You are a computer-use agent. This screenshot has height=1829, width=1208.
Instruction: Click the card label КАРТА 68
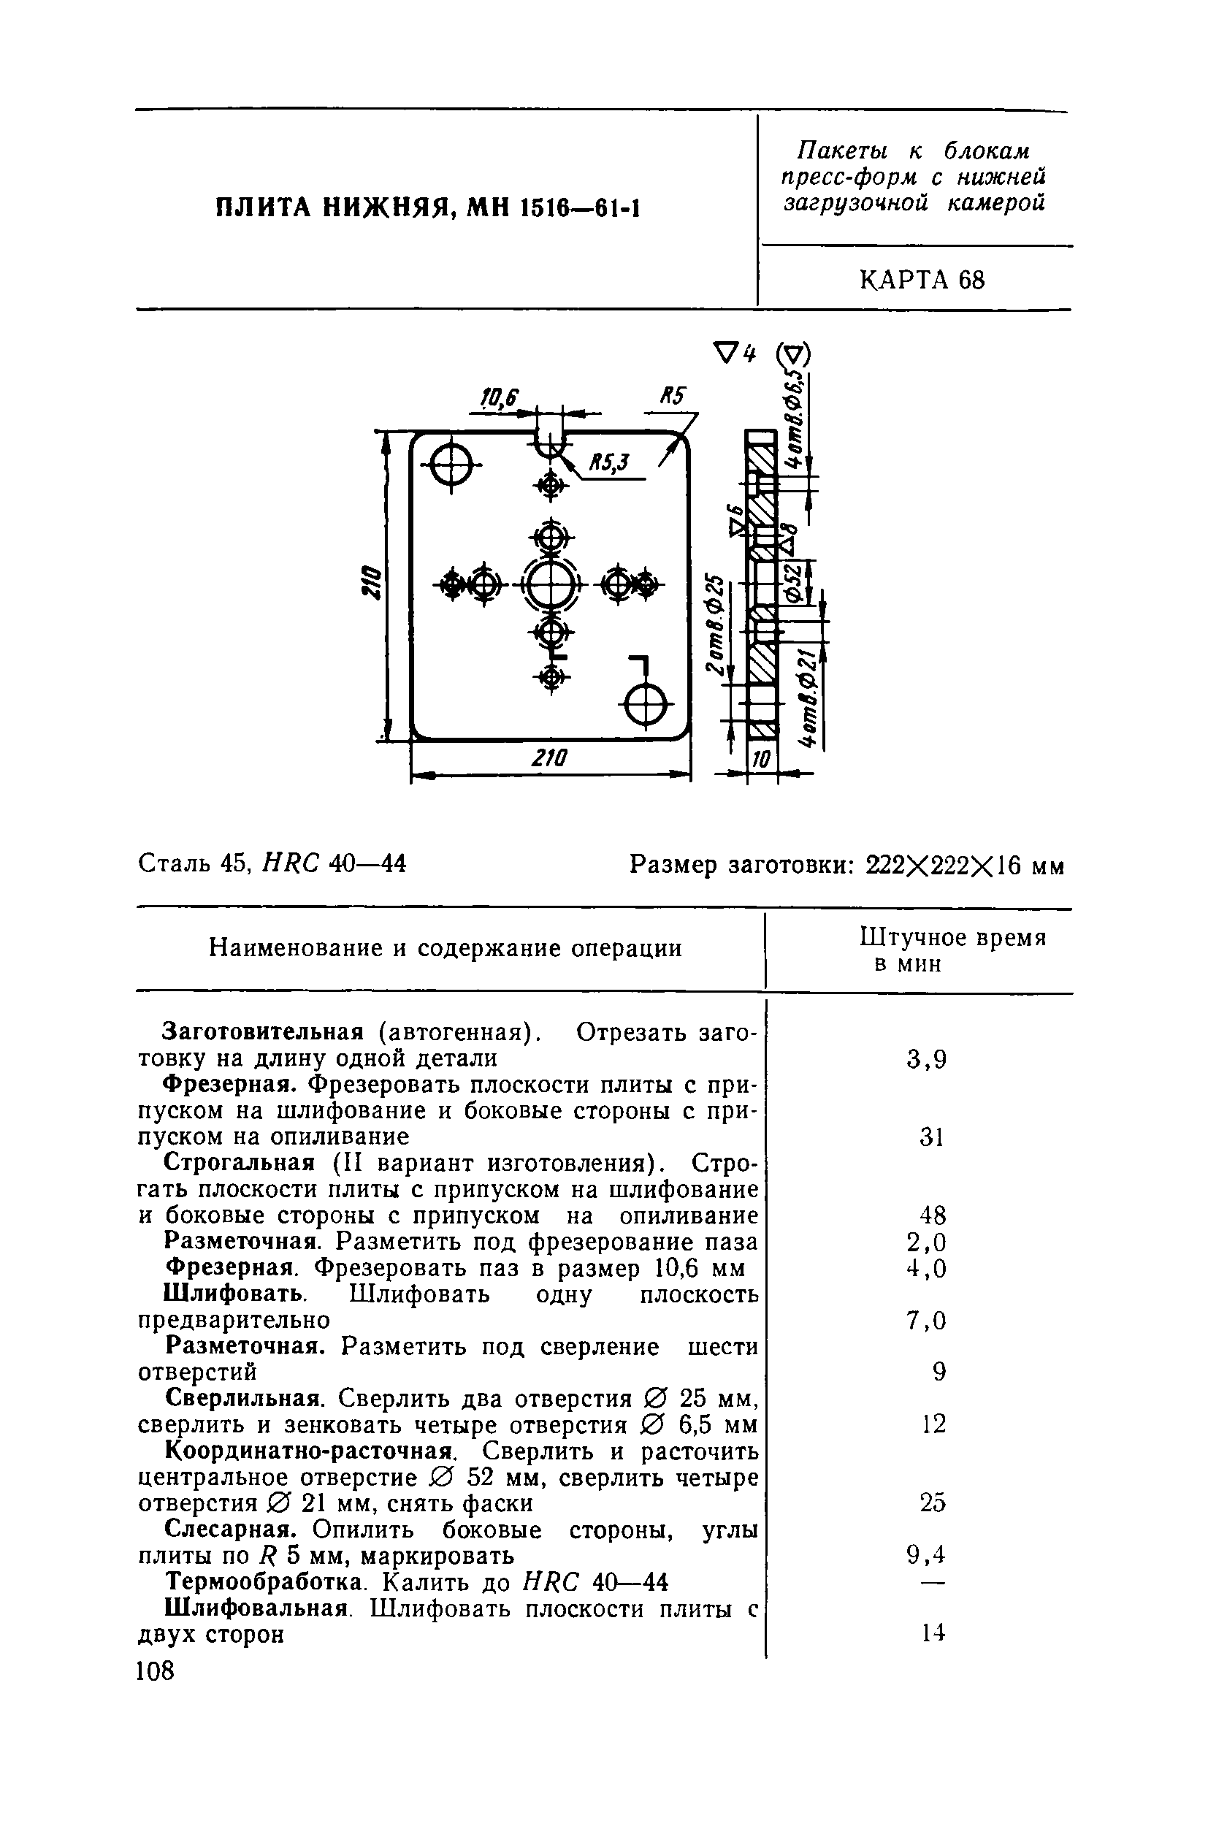click(922, 280)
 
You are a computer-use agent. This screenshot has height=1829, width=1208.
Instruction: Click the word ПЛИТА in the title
click(261, 207)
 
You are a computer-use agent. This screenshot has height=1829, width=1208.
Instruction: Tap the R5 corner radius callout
click(672, 397)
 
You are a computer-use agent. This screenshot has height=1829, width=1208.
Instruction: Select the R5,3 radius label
click(608, 462)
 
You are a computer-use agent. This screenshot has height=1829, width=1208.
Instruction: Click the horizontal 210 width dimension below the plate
click(548, 759)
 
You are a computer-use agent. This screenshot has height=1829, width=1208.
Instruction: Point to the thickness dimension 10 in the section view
click(760, 760)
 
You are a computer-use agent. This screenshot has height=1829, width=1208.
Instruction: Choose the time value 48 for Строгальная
click(933, 1215)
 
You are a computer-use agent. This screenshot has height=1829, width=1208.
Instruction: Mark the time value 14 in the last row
click(933, 1633)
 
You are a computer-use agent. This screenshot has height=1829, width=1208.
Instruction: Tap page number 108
click(156, 1670)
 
